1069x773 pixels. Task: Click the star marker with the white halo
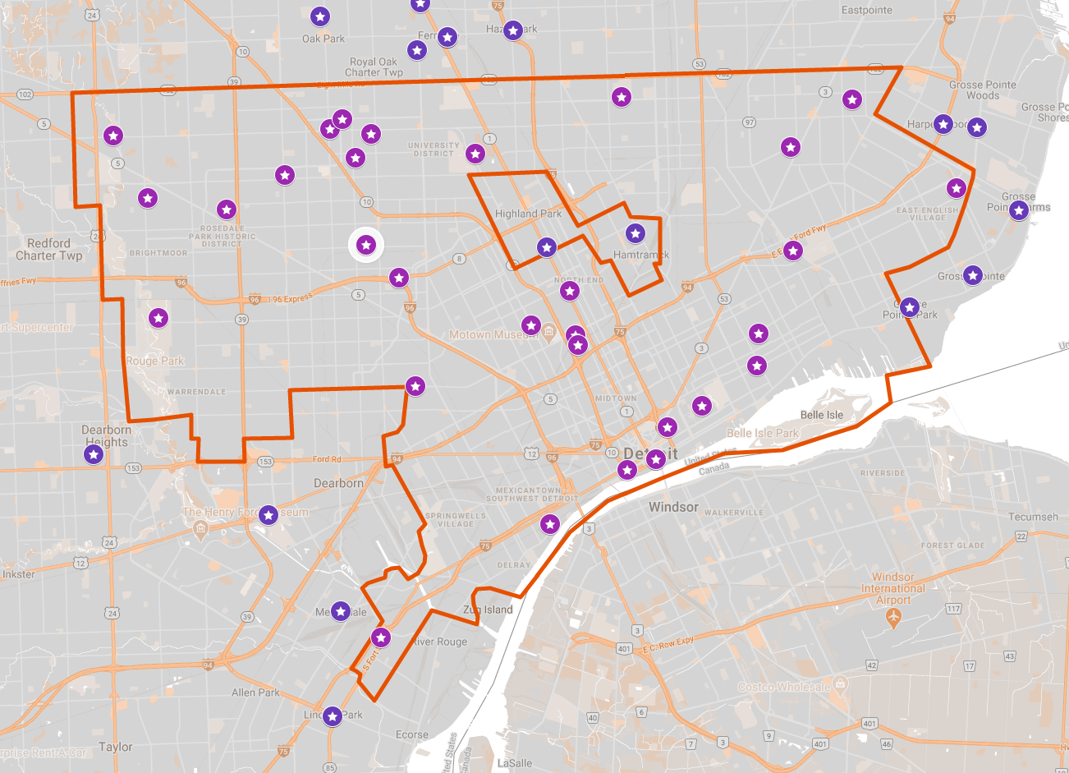pos(366,245)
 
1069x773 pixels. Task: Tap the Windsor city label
pos(673,507)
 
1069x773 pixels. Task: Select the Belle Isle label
pos(822,415)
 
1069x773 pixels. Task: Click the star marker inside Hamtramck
pos(635,233)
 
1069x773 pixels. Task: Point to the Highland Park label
pos(528,214)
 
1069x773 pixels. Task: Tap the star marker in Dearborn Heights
pos(94,453)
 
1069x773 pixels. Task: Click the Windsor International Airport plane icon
pos(893,618)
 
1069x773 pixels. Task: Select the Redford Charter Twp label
pos(49,249)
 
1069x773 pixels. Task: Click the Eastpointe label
pos(866,10)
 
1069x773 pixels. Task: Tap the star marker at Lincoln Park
pos(332,716)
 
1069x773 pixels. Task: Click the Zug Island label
pos(488,610)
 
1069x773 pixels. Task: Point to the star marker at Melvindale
pos(341,611)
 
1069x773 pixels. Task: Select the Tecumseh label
pos(1033,517)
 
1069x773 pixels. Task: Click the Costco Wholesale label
pos(783,687)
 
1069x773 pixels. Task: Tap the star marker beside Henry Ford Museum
pos(268,515)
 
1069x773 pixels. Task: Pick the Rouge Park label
pos(155,361)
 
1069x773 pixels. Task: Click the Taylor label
pos(115,747)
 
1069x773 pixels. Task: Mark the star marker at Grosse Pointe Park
pos(909,307)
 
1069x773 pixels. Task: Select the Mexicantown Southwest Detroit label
pos(530,495)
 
